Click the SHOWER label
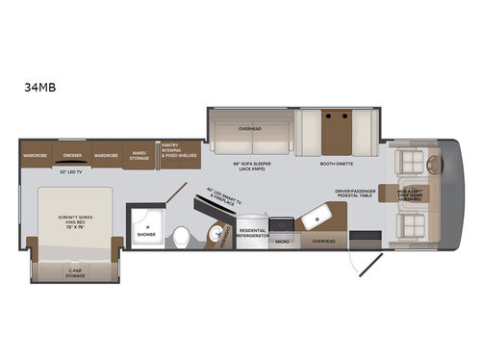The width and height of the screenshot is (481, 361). (x=146, y=234)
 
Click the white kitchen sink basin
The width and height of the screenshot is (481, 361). (x=312, y=220)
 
